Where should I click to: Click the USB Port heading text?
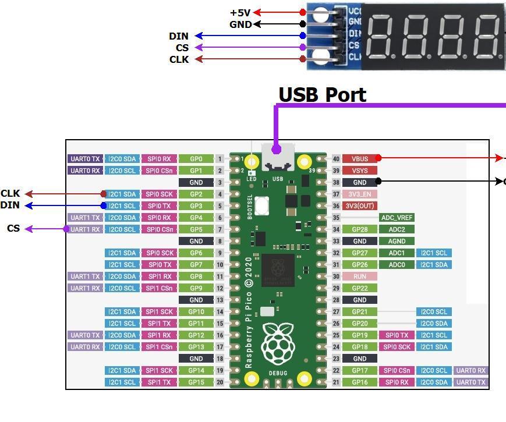(x=322, y=94)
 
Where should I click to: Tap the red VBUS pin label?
(x=360, y=158)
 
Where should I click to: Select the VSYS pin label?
(x=360, y=171)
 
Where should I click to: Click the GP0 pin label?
(x=196, y=158)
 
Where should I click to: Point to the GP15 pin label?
(x=196, y=382)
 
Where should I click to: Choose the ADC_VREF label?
(x=397, y=218)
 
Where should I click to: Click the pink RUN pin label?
(x=360, y=276)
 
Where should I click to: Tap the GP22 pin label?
(x=360, y=288)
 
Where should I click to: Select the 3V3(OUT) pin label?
(x=360, y=205)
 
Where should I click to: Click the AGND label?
(x=397, y=241)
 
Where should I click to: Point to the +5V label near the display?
(x=240, y=12)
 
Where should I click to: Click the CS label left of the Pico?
(x=13, y=228)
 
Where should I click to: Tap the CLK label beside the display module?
(x=179, y=59)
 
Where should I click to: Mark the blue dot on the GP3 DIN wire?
(x=104, y=205)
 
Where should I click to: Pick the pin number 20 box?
(x=220, y=382)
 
